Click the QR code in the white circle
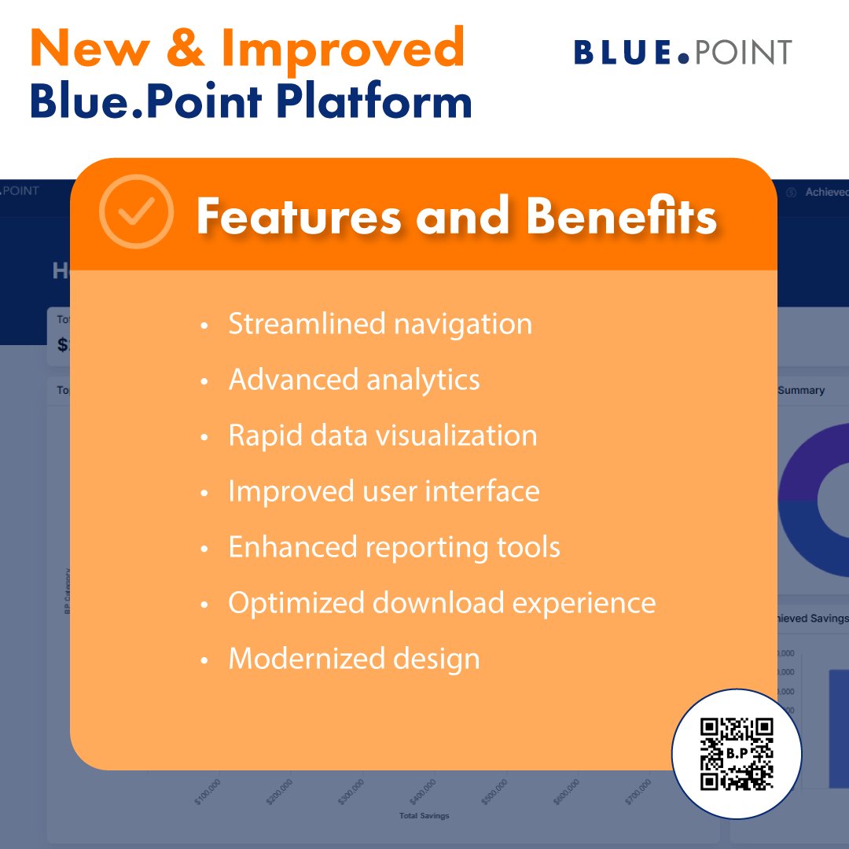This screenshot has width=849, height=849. click(737, 753)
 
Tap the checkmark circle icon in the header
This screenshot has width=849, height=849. click(136, 211)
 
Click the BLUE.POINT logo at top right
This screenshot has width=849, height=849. click(682, 53)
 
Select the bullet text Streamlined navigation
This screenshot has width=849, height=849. click(380, 324)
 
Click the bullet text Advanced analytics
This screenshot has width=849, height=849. click(354, 380)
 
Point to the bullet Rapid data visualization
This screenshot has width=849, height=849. click(382, 436)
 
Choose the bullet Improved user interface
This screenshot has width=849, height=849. click(384, 491)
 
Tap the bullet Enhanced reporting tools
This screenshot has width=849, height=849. click(394, 547)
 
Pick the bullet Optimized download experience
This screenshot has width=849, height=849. click(442, 603)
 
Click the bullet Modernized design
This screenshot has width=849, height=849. click(354, 659)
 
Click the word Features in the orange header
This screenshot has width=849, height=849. click(299, 215)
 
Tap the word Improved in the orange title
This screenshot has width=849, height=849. click(343, 47)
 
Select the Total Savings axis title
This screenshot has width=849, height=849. click(424, 816)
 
